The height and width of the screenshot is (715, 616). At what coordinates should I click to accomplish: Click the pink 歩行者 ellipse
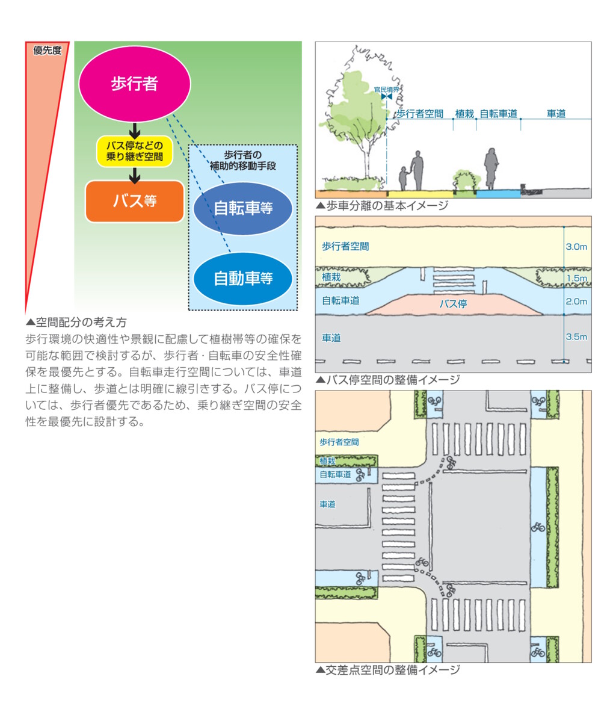pos(134,84)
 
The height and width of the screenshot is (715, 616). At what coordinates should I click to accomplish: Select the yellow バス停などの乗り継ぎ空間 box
pos(134,152)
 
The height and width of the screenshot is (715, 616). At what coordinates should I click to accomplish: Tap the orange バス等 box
pos(134,201)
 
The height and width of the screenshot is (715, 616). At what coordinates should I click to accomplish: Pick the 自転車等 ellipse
pos(243,208)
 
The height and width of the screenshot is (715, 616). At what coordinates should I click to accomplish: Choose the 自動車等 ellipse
pos(243,278)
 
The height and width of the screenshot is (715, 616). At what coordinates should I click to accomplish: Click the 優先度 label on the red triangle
pos(47,50)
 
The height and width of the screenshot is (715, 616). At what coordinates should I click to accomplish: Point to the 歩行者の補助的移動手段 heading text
pos(243,161)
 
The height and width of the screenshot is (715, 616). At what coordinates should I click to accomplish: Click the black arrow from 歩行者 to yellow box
pos(134,130)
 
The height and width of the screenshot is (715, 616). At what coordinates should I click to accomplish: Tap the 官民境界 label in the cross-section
pos(386,89)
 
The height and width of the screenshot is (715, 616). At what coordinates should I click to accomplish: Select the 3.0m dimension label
pos(576,247)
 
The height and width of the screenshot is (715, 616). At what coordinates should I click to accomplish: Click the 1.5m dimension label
pos(576,278)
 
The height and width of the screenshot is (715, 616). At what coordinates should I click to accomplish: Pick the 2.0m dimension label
pos(576,302)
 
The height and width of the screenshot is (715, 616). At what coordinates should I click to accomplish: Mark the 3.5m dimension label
pos(576,337)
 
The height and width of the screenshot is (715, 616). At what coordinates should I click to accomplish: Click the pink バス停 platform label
pos(453,304)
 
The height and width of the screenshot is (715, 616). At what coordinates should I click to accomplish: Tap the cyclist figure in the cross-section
pos(491,169)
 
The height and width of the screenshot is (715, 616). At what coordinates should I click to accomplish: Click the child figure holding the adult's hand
pos(403,178)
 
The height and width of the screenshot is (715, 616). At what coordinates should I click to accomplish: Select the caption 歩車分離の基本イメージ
pos(383,206)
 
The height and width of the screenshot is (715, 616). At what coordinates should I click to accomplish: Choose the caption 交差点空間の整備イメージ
pos(388,670)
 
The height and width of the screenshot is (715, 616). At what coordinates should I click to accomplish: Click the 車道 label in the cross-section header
pos(556,114)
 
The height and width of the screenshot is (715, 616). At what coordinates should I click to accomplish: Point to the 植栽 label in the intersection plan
pos(327,461)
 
